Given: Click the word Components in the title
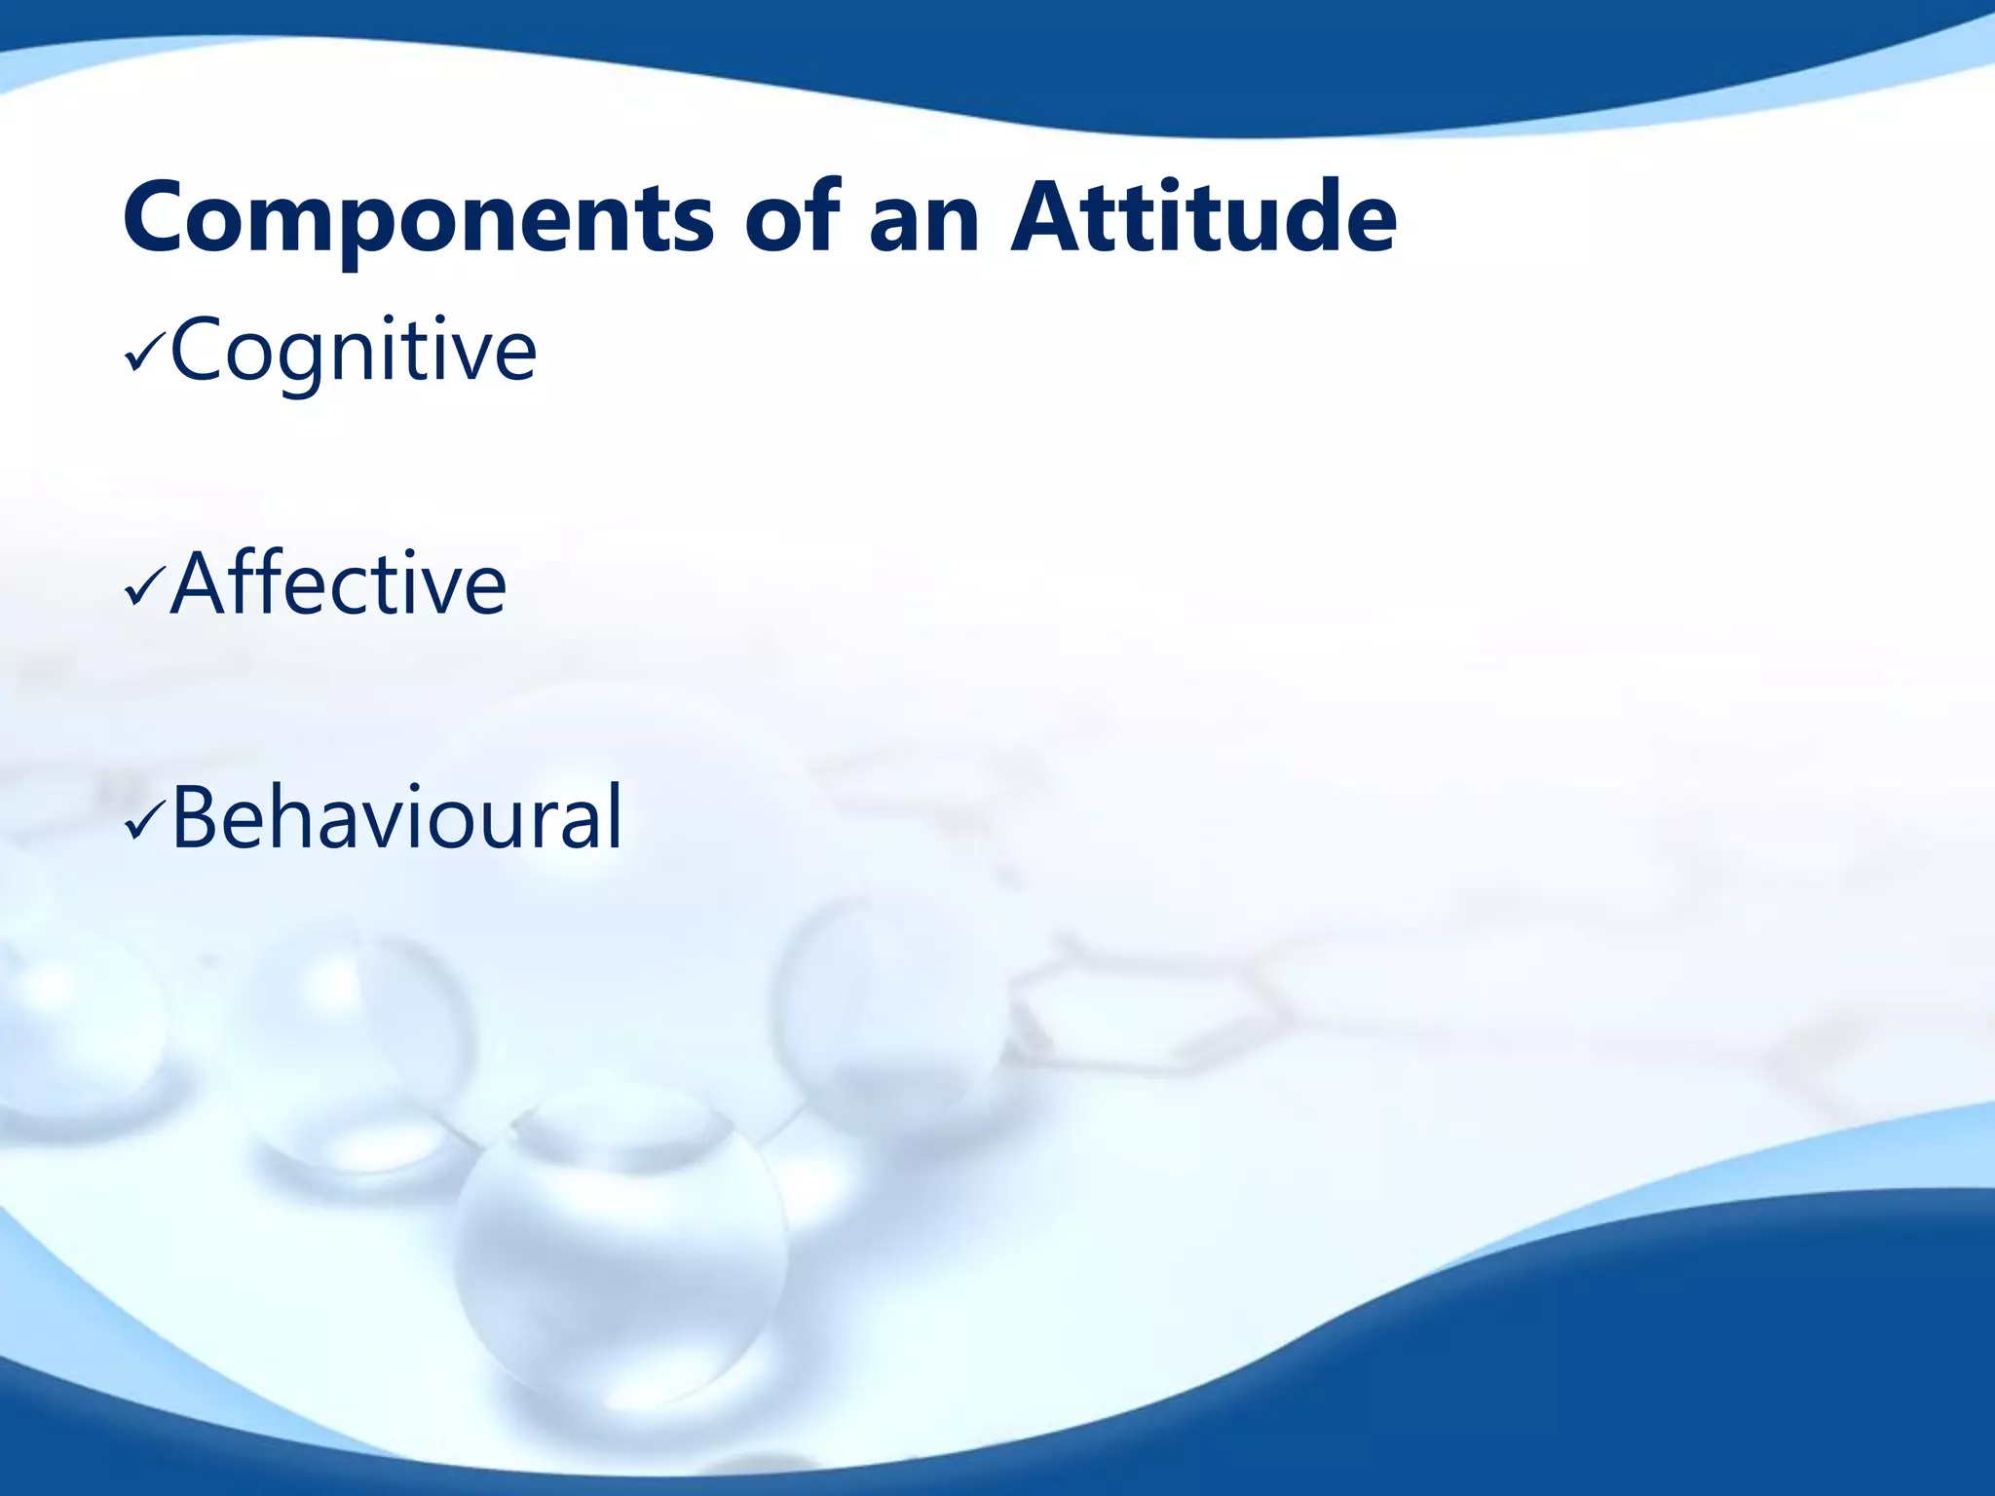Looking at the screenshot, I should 419,220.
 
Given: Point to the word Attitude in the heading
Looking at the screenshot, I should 1204,218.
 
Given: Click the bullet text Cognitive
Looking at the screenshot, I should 353,351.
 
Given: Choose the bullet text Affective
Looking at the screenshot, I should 338,584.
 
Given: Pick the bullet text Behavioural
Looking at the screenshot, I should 395,818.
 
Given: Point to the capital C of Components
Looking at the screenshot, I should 162,218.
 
